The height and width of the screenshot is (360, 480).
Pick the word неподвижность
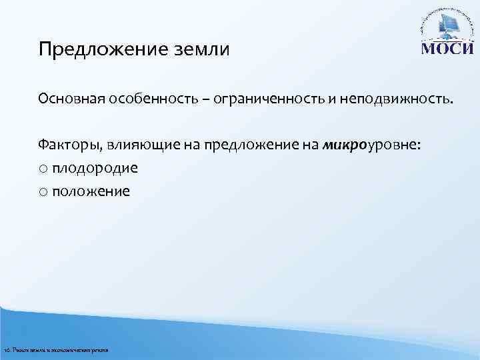(394, 99)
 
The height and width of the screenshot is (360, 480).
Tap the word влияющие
(137, 146)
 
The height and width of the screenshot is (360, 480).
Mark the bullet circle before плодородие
(43, 169)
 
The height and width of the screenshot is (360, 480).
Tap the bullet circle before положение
(43, 192)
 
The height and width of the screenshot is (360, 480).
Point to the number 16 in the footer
(7, 350)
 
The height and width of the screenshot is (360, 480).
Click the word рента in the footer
(100, 350)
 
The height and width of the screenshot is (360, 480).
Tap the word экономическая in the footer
(71, 350)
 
